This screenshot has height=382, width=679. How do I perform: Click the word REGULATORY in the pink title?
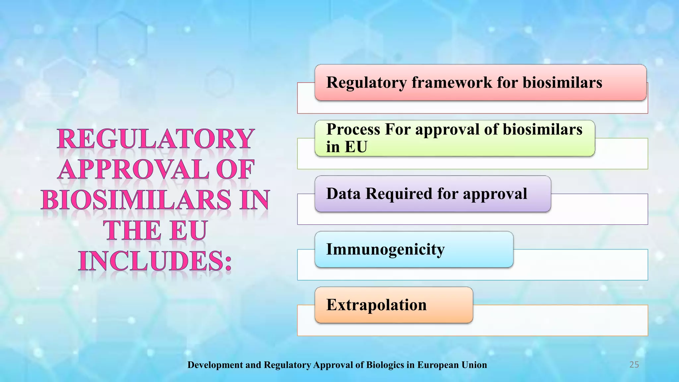[x=156, y=139]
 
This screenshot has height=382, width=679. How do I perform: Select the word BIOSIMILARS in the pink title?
[x=136, y=200]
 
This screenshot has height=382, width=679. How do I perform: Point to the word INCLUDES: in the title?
[x=155, y=261]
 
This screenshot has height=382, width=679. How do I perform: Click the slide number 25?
[x=634, y=365]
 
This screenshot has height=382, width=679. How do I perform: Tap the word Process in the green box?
[x=353, y=129]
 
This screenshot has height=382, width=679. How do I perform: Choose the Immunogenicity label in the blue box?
[x=385, y=249]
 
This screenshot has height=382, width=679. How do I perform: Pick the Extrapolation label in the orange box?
[x=376, y=305]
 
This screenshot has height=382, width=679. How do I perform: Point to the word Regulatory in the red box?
[x=366, y=82]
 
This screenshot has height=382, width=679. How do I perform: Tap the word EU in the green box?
[x=356, y=147]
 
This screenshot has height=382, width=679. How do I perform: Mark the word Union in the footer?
[x=474, y=365]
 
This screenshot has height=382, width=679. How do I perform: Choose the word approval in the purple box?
[x=495, y=194]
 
